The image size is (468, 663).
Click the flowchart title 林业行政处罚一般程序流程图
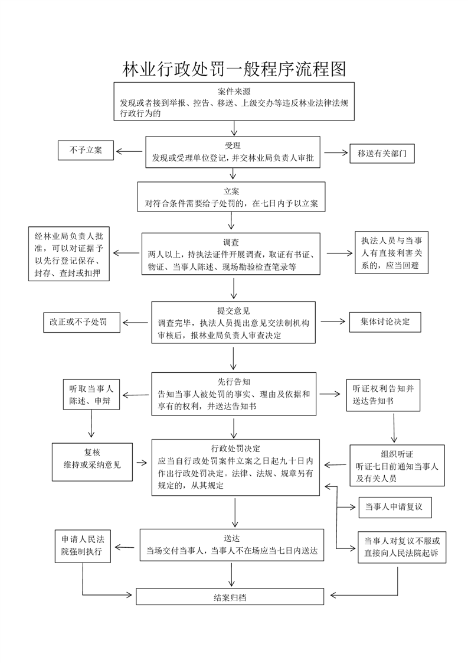point(234,69)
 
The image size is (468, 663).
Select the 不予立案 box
point(86,150)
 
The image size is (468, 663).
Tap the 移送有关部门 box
point(382,154)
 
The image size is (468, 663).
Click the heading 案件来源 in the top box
point(234,92)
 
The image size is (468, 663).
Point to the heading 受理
point(233,146)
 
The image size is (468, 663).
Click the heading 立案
point(231,191)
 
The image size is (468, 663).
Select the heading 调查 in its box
point(231,242)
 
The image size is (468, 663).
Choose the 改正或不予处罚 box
point(82,322)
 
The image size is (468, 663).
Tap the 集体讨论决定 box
point(385,322)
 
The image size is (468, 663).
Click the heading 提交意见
point(234,311)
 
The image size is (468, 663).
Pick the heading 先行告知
point(234,382)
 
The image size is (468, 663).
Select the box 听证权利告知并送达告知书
point(383,395)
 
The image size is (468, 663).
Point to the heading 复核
point(92,453)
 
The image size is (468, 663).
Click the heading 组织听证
point(397,454)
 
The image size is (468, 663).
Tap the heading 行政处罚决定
point(235,448)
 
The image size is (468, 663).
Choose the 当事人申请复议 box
point(395,507)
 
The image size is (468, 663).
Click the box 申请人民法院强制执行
point(83,546)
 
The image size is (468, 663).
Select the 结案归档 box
point(230,597)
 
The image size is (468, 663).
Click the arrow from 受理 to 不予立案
point(129,151)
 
